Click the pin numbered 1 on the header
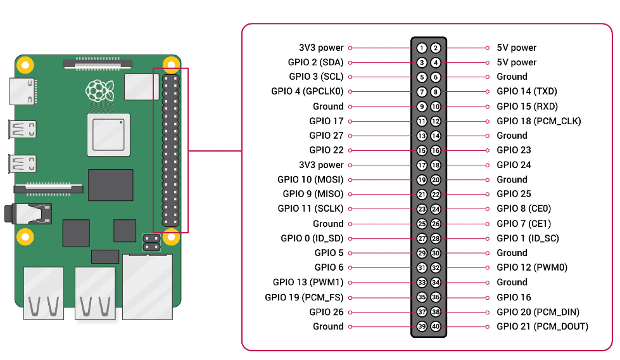pos(422,48)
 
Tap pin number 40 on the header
pos(436,326)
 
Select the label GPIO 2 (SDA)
pos(315,62)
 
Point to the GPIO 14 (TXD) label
pos(527,91)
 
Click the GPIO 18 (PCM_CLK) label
pos(538,121)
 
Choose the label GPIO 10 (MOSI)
pos(310,179)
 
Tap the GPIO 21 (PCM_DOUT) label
pos(542,326)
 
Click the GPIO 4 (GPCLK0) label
pos(307,91)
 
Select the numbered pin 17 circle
pos(422,165)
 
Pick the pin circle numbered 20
pos(436,179)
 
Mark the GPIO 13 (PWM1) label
pos(308,282)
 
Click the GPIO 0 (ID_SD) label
pos(312,238)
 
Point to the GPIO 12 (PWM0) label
pos(532,267)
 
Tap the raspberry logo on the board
pos(99,91)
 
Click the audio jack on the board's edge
pos(28,214)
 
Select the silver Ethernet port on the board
pos(148,287)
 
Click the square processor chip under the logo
pos(108,134)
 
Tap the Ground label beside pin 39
pos(328,326)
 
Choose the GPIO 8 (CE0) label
pos(524,209)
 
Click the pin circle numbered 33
pos(422,282)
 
